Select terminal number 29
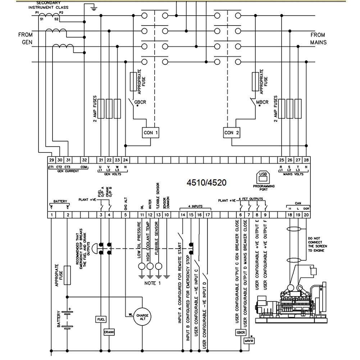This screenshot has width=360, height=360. [x=51, y=160]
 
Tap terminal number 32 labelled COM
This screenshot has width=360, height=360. [x=84, y=160]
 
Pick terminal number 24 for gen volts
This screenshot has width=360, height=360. [x=125, y=160]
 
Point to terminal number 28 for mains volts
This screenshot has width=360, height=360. [x=306, y=160]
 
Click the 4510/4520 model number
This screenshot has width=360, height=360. [x=206, y=182]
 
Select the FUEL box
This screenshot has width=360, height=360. [x=100, y=319]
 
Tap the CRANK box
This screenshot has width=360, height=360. [x=109, y=332]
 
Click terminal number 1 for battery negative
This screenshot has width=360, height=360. [x=52, y=215]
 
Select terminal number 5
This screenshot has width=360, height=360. [x=125, y=215]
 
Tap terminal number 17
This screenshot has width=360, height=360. [x=208, y=215]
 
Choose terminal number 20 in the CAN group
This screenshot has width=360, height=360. [x=306, y=215]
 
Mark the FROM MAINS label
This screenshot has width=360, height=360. [x=318, y=38]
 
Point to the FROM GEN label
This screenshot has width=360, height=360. [x=26, y=38]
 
